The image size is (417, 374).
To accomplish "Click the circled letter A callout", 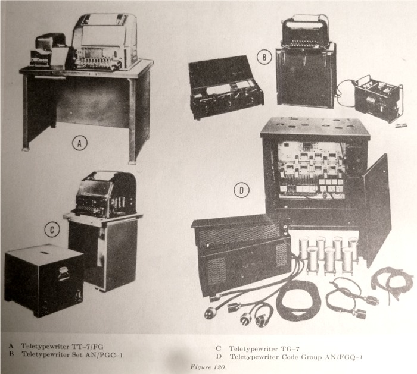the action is coord(80,143).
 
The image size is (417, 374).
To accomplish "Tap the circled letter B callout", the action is coord(264,57).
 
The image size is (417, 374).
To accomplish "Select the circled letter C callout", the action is coord(52,230).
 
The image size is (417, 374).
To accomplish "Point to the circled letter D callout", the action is coord(241,190).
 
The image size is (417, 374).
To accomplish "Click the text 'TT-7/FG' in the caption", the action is coord(88,347).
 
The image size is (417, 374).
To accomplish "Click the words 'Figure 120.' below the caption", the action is coord(208,367).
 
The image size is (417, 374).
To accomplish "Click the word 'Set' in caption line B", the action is coord(77,354).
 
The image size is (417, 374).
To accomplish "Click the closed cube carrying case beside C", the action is coord(44,280).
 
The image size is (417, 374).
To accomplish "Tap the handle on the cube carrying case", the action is coord(63,274).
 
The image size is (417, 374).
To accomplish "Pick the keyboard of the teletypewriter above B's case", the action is coord(304,44).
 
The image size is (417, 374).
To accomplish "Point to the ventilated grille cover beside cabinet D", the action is coord(241,255).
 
